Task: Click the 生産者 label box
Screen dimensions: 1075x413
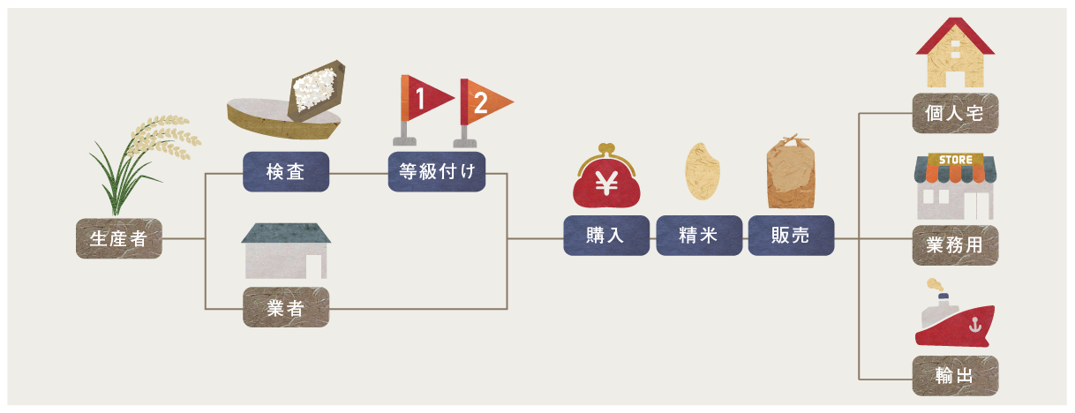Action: pyautogui.click(x=119, y=238)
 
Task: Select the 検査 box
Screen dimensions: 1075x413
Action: pyautogui.click(x=286, y=172)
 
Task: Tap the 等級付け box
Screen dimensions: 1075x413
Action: pyautogui.click(x=437, y=172)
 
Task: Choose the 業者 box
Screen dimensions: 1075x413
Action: pyautogui.click(x=286, y=308)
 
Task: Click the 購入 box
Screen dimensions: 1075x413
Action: pyautogui.click(x=606, y=236)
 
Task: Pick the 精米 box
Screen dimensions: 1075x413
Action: pyautogui.click(x=698, y=236)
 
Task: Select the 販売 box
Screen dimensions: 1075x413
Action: pyautogui.click(x=791, y=236)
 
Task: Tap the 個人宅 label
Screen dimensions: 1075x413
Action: pyautogui.click(x=955, y=113)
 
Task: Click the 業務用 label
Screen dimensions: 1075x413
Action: pyautogui.click(x=955, y=245)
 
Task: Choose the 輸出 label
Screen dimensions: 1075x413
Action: pyautogui.click(x=955, y=376)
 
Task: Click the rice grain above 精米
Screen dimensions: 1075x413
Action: pyautogui.click(x=700, y=173)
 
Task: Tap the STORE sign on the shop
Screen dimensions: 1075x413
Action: pyautogui.click(x=956, y=160)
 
